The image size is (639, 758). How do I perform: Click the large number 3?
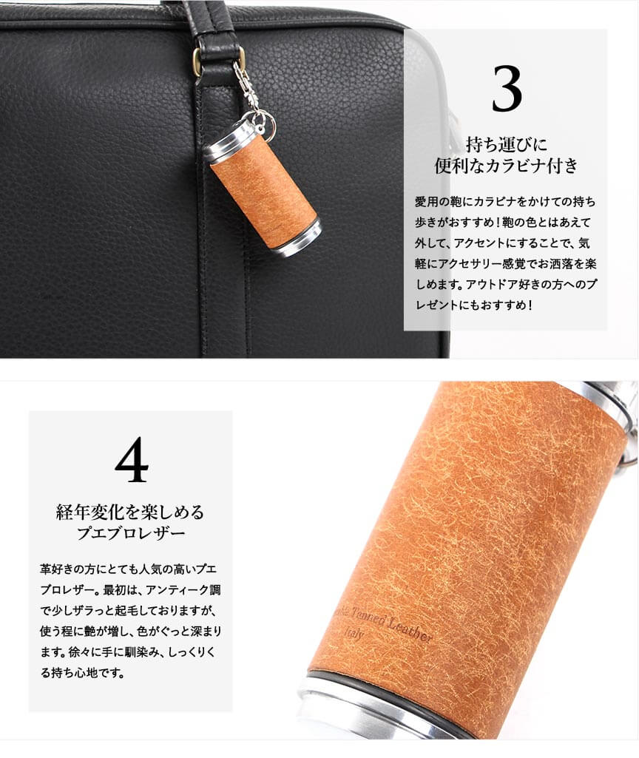(x=507, y=89)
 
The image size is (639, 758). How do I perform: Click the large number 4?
(x=132, y=460)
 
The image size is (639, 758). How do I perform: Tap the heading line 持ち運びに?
(x=506, y=144)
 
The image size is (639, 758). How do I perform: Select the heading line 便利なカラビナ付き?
(x=506, y=166)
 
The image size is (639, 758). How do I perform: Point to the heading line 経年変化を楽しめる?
(x=130, y=512)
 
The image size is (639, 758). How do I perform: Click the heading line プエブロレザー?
(x=131, y=534)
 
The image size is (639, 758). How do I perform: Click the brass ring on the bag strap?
(x=197, y=61)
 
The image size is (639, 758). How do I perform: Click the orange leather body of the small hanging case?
(x=263, y=193)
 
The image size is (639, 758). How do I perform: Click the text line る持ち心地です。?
(x=82, y=672)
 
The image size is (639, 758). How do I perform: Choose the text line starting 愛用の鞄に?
(x=506, y=201)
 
